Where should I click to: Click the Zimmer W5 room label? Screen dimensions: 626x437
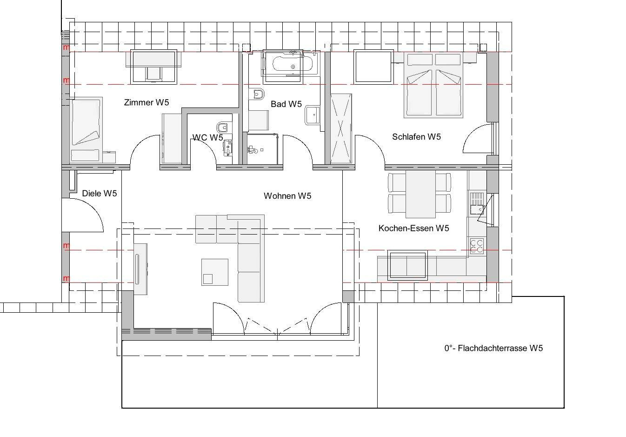click(147, 102)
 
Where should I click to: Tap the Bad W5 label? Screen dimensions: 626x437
click(286, 104)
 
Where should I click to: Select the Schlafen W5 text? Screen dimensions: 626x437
click(416, 137)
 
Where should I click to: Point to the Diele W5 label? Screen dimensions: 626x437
click(100, 193)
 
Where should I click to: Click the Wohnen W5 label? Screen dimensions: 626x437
click(287, 196)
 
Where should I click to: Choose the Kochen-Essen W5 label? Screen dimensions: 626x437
click(413, 228)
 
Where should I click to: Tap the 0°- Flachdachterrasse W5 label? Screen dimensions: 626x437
click(493, 348)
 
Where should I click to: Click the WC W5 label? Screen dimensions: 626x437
click(207, 137)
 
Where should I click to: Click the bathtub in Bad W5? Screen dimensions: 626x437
click(292, 64)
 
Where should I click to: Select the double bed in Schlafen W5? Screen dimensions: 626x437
click(433, 85)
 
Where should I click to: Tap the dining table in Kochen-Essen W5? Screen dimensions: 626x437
click(420, 194)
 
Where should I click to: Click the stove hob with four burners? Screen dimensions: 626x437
click(477, 246)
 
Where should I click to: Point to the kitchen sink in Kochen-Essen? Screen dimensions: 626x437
click(477, 203)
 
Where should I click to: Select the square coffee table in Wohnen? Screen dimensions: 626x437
click(215, 272)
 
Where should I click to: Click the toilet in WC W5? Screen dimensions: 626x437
click(222, 128)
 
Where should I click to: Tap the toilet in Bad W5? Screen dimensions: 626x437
click(257, 94)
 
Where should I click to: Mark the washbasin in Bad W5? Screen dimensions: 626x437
click(313, 114)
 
